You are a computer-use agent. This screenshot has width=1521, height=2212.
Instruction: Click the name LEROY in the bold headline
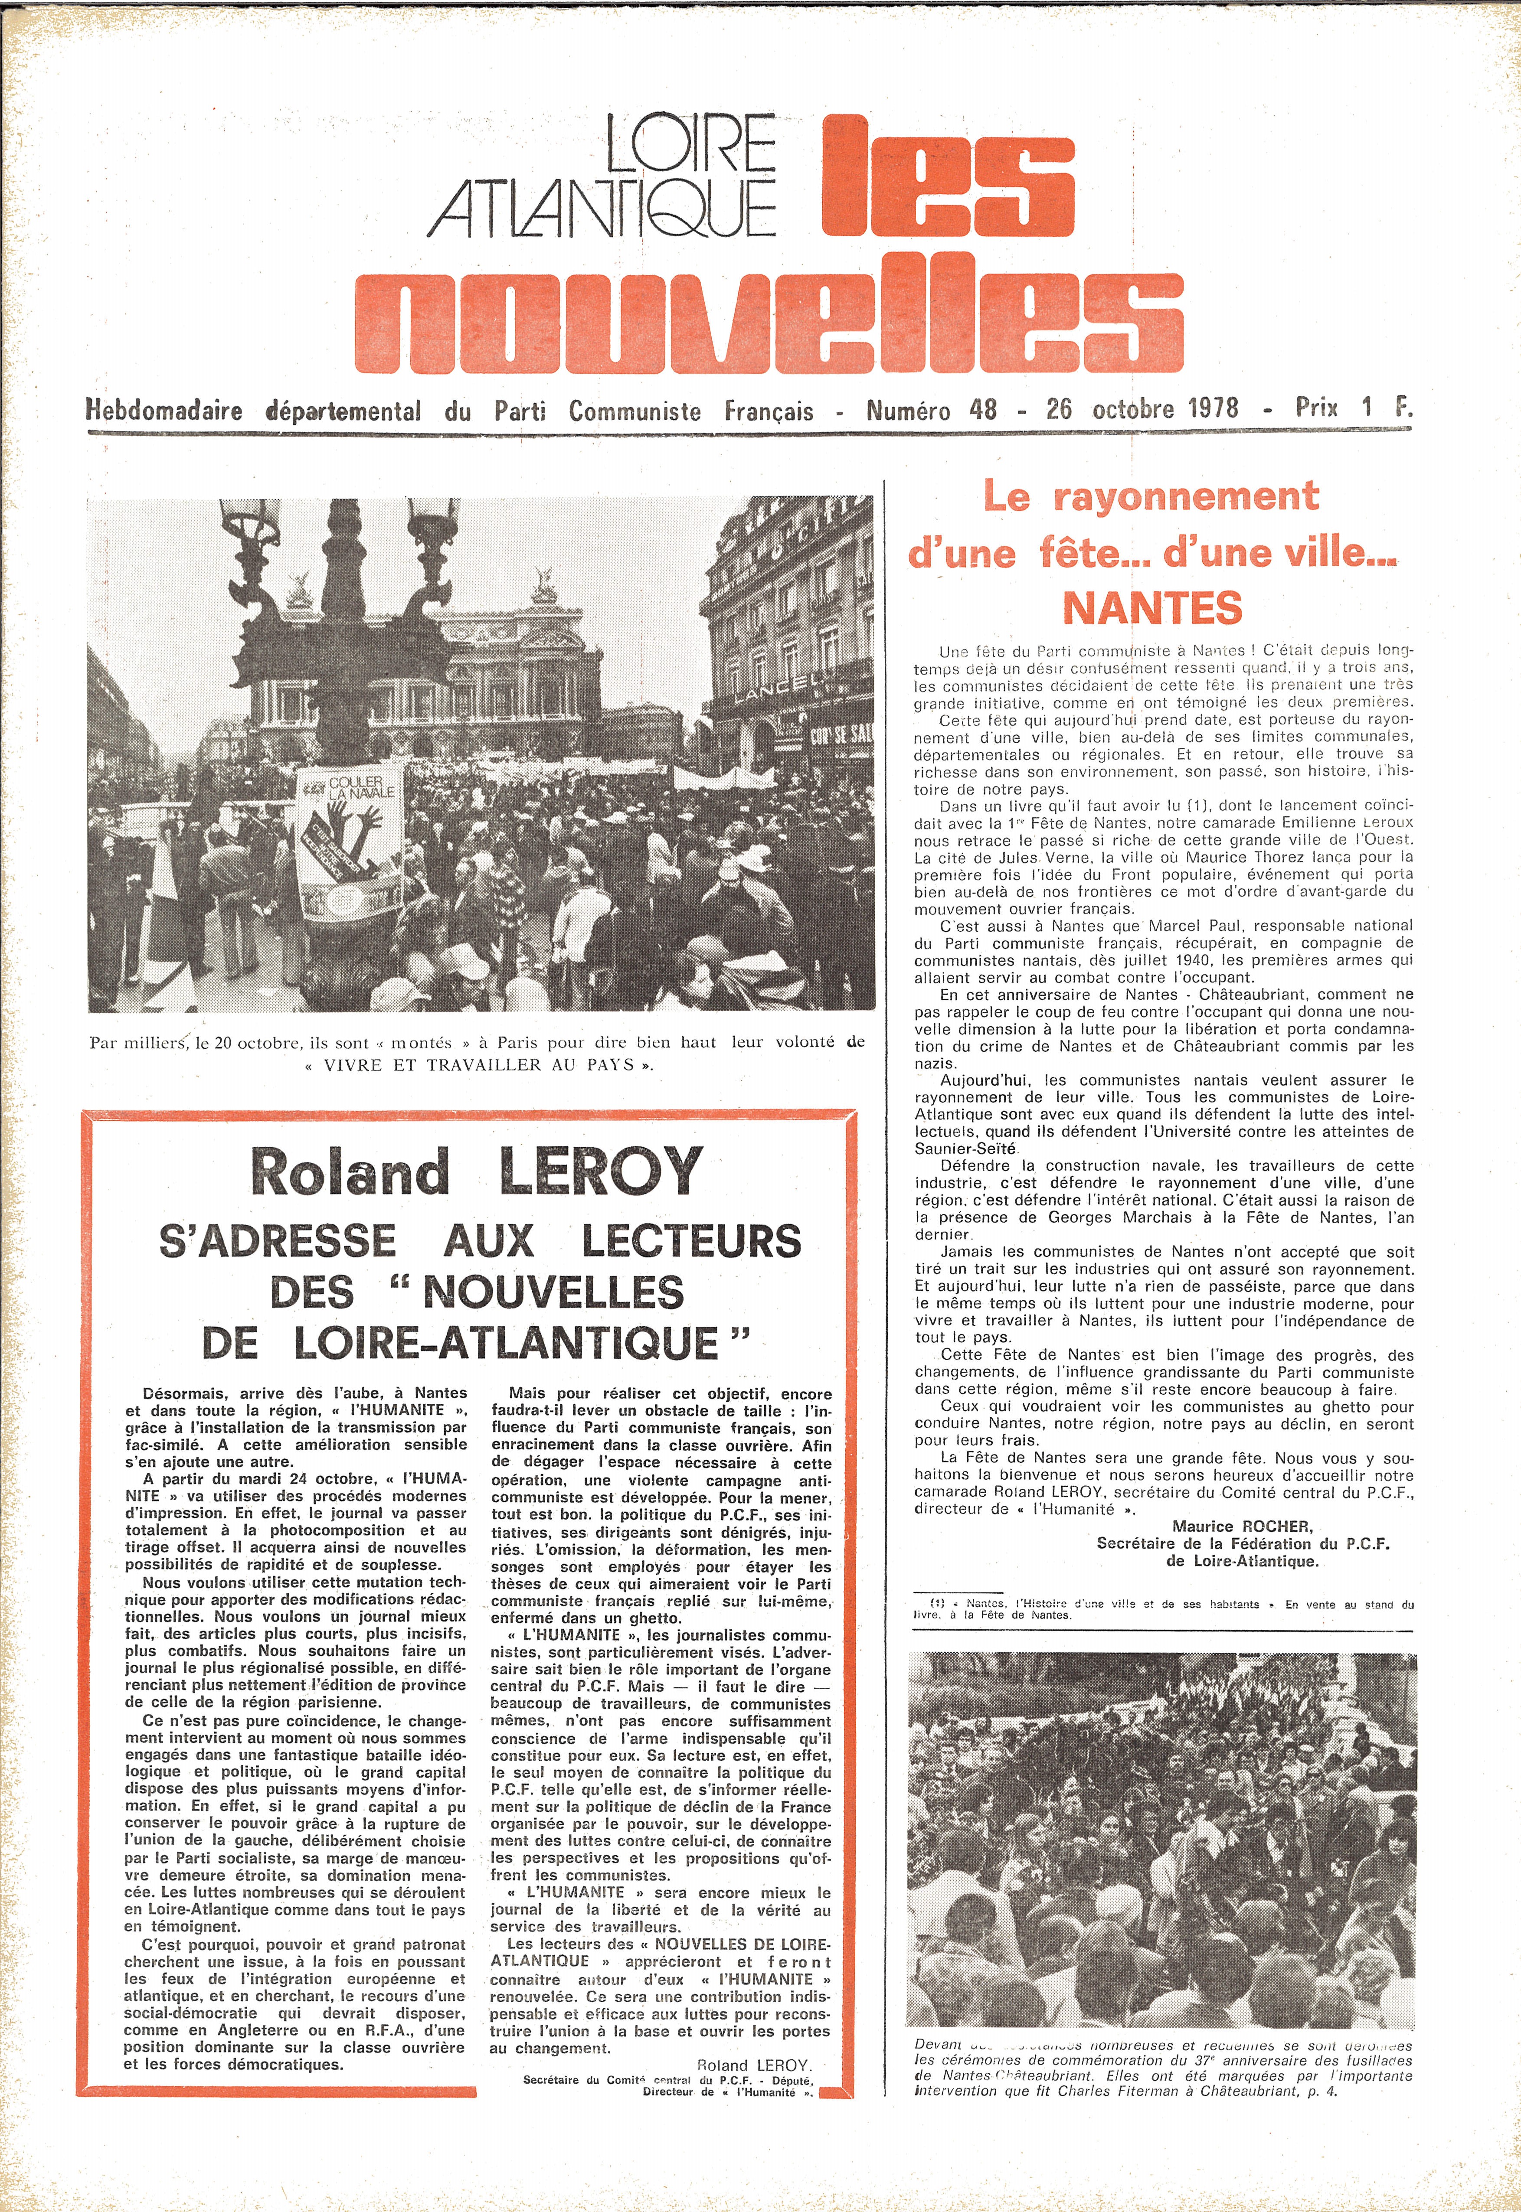[600, 1172]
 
